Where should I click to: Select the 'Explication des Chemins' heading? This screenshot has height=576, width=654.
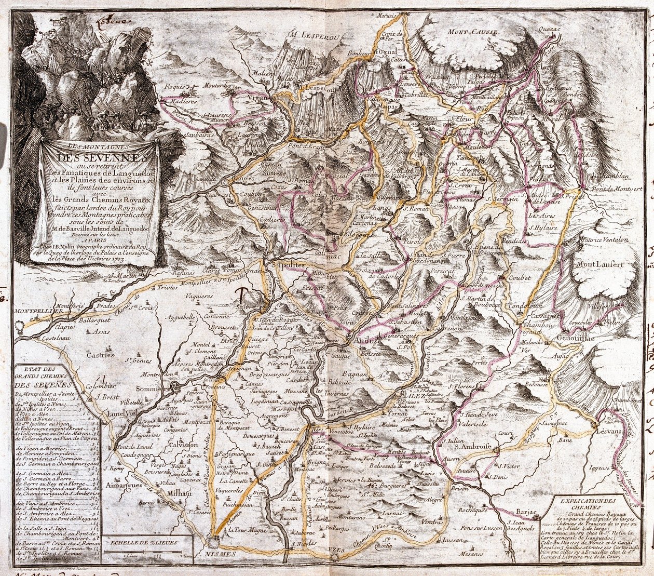coord(589,503)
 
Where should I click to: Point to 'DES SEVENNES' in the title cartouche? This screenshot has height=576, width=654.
coord(98,156)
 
